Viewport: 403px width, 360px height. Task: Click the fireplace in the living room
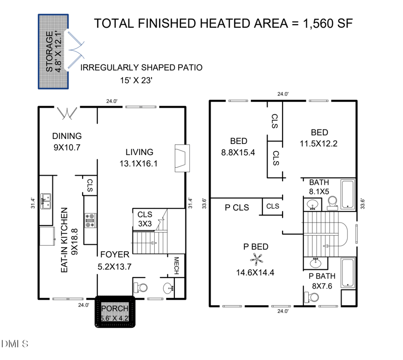pyautogui.click(x=182, y=158)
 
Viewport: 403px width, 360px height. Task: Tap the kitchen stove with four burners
pyautogui.click(x=91, y=220)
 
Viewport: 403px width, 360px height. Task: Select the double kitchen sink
pyautogui.click(x=45, y=201)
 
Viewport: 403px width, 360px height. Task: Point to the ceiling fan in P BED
pyautogui.click(x=256, y=259)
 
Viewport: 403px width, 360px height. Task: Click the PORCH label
pyautogui.click(x=115, y=308)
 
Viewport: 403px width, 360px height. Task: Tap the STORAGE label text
pyautogui.click(x=49, y=51)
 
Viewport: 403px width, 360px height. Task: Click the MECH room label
pyautogui.click(x=176, y=266)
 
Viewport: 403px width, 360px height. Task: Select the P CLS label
pyautogui.click(x=237, y=207)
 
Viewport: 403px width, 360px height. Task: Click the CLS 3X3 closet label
pyautogui.click(x=145, y=219)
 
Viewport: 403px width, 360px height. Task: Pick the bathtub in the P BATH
pyautogui.click(x=348, y=272)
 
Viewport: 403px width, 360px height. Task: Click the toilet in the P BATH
pyautogui.click(x=311, y=297)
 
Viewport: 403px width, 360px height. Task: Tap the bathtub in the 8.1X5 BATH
pyautogui.click(x=348, y=194)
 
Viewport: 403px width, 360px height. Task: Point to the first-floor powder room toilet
pyautogui.click(x=141, y=287)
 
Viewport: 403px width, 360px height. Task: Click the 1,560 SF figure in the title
pyautogui.click(x=328, y=23)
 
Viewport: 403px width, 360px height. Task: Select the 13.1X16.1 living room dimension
pyautogui.click(x=139, y=164)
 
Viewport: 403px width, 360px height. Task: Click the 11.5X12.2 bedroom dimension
pyautogui.click(x=318, y=143)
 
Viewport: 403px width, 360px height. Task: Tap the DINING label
pyautogui.click(x=67, y=136)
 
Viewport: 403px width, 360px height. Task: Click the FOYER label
pyautogui.click(x=115, y=254)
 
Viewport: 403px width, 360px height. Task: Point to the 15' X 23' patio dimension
pyautogui.click(x=136, y=81)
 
